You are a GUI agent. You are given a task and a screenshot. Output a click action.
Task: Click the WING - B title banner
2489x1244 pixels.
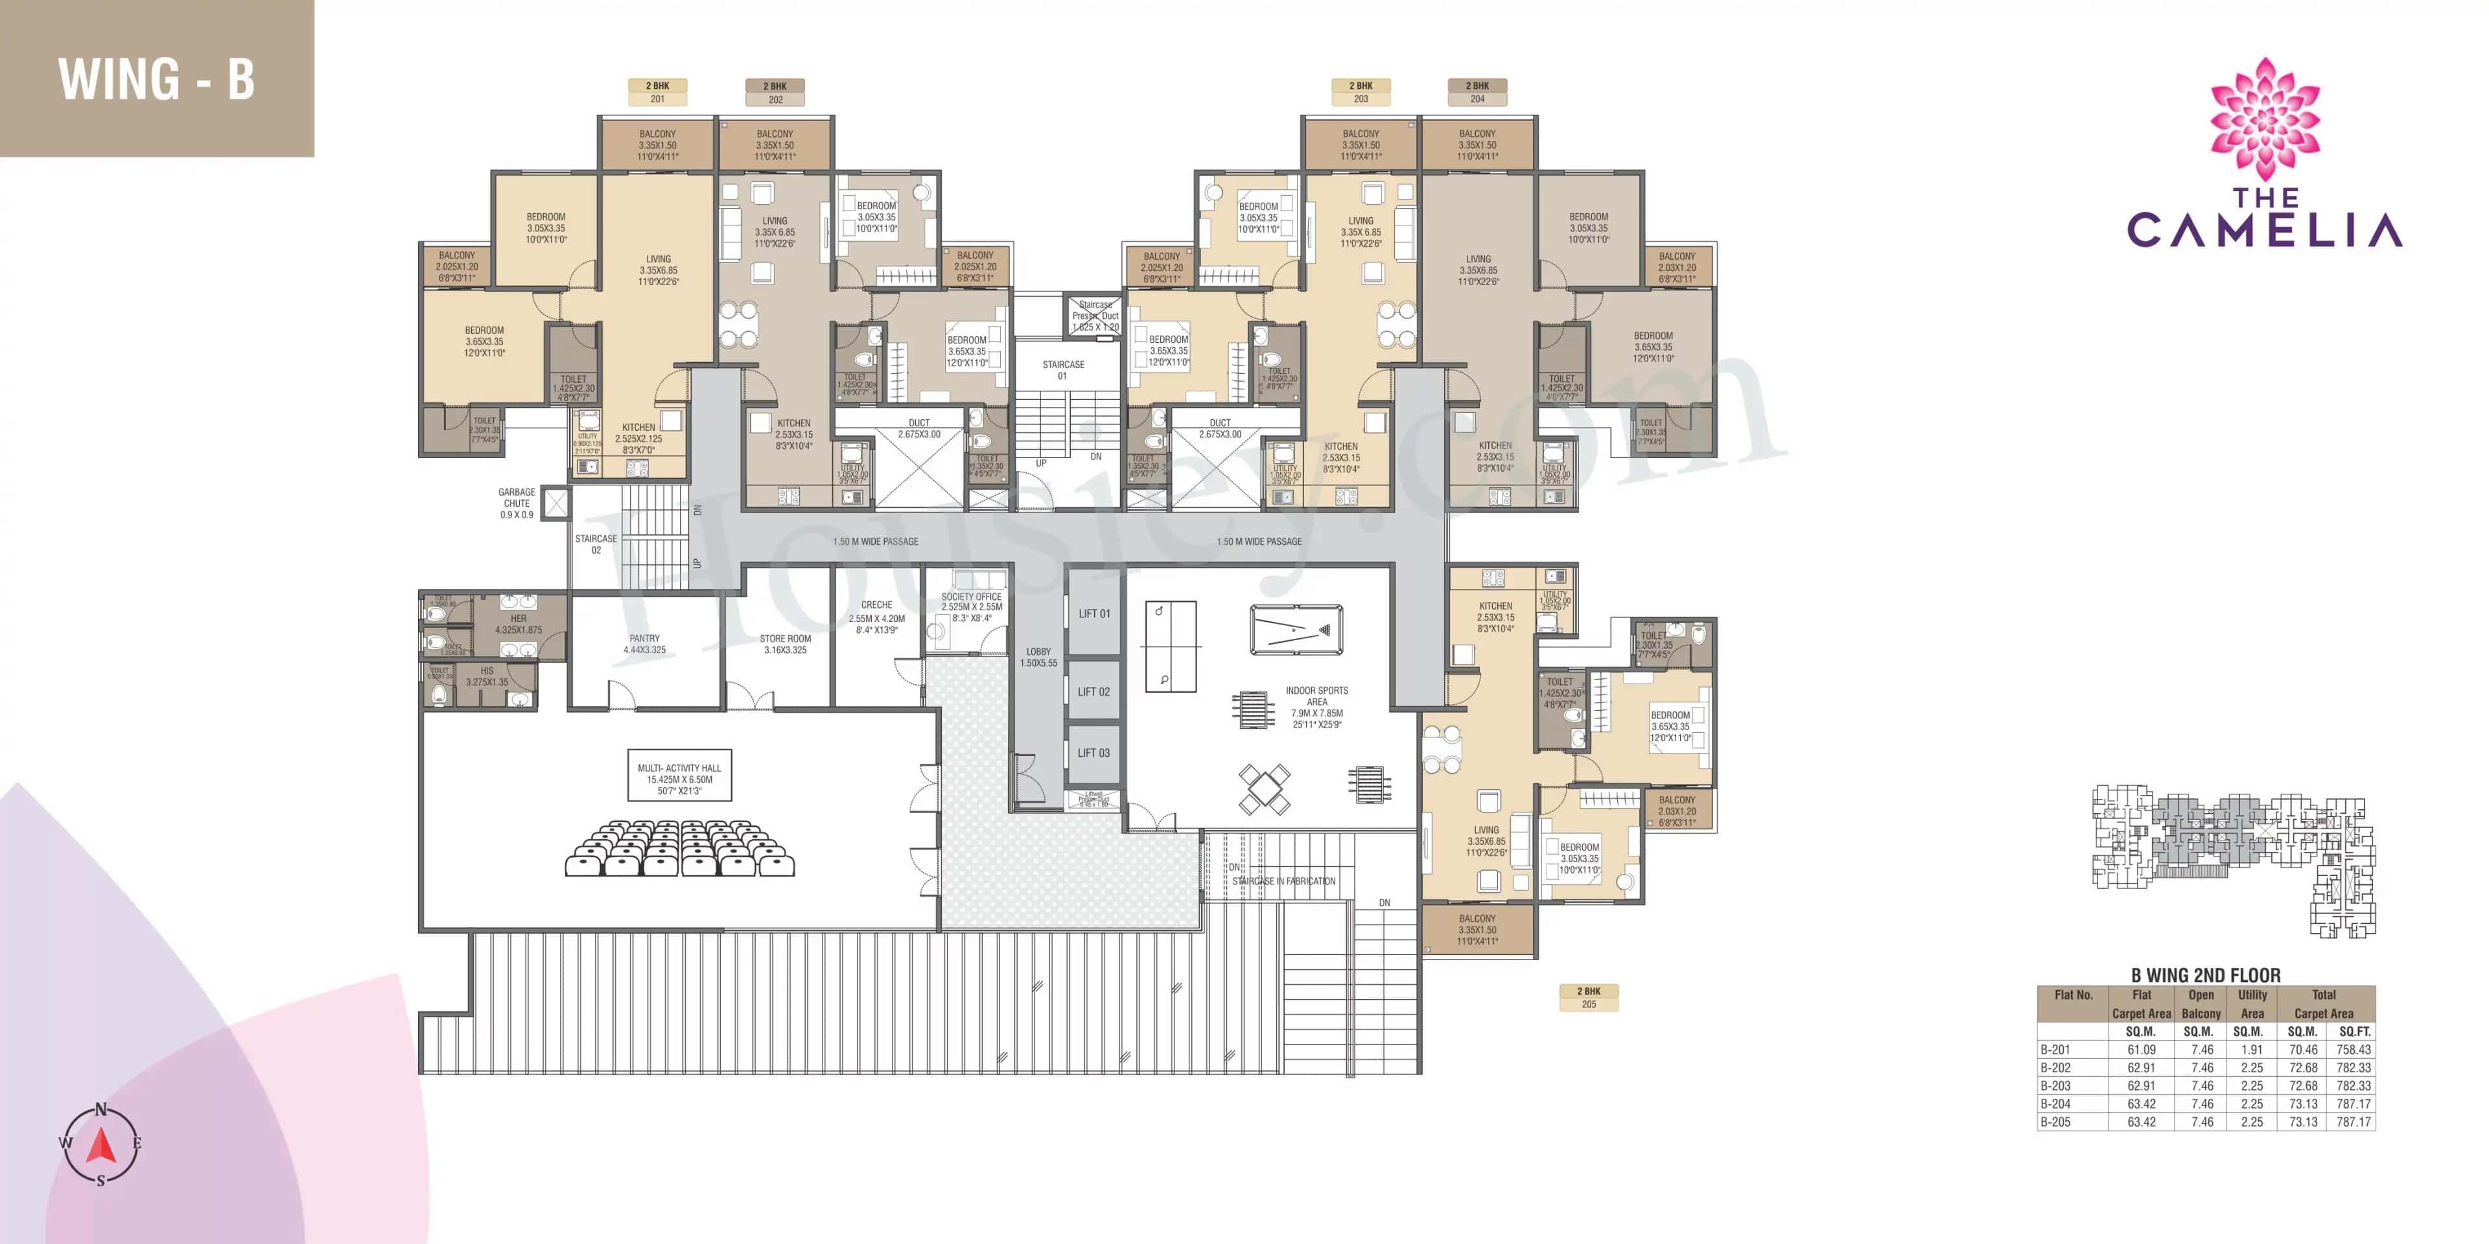(156, 78)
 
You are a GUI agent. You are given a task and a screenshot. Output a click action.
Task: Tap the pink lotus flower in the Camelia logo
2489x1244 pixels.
(2264, 119)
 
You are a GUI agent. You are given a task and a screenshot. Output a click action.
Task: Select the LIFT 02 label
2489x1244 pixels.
(1093, 691)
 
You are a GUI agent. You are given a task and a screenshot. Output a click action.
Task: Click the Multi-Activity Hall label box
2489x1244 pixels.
(679, 778)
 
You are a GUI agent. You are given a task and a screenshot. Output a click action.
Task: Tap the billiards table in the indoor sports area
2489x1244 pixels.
(1296, 630)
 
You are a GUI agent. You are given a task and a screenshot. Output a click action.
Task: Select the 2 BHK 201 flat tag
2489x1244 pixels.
(657, 92)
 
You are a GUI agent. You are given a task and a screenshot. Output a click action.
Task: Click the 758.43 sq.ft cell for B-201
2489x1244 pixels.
(2353, 1050)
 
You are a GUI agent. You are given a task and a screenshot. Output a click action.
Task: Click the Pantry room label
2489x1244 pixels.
(644, 644)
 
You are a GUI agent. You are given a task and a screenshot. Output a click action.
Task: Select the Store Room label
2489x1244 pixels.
(784, 644)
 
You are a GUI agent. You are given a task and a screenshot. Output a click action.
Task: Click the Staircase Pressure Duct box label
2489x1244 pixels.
(1095, 316)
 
